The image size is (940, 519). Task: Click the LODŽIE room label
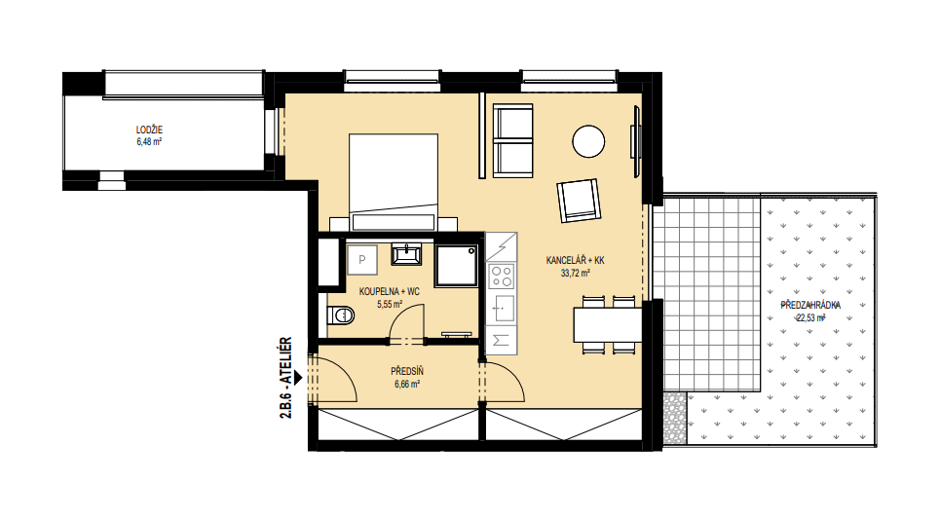tap(149, 130)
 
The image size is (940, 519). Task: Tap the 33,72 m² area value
tap(576, 274)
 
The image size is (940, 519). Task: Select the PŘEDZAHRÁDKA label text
tap(810, 305)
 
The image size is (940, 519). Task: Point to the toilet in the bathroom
tap(341, 315)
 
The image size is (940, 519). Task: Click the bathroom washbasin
tap(406, 253)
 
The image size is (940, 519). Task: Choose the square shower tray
tap(456, 265)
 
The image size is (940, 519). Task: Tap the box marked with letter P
tap(362, 260)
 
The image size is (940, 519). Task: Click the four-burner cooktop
tap(502, 277)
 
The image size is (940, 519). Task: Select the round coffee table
tap(588, 141)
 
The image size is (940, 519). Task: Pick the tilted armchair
tap(579, 201)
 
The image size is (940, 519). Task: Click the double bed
tap(394, 182)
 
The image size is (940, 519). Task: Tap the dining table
tap(608, 325)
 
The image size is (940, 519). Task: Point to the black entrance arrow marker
tap(298, 378)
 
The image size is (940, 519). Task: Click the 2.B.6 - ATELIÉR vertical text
tap(286, 378)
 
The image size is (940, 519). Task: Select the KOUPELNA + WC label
tap(390, 292)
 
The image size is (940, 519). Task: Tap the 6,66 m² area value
tap(407, 385)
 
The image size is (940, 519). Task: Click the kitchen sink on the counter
tap(502, 309)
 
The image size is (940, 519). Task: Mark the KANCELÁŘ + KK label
tap(576, 260)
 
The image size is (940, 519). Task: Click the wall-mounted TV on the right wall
tap(635, 141)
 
